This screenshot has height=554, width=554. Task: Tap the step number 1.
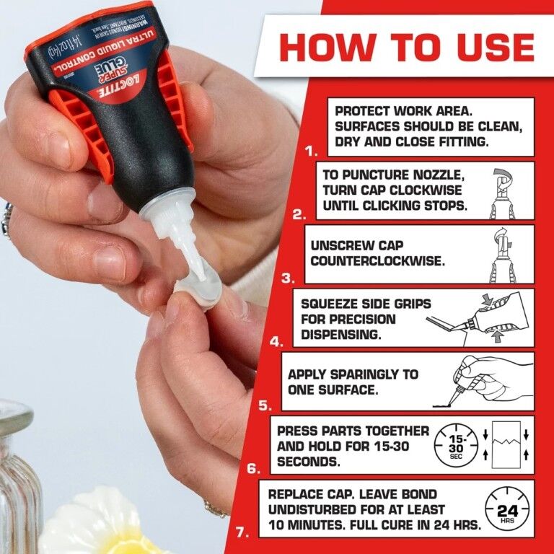(x=312, y=152)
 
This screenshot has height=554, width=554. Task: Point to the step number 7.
(x=242, y=533)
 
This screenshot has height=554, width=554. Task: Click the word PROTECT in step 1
(x=362, y=111)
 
